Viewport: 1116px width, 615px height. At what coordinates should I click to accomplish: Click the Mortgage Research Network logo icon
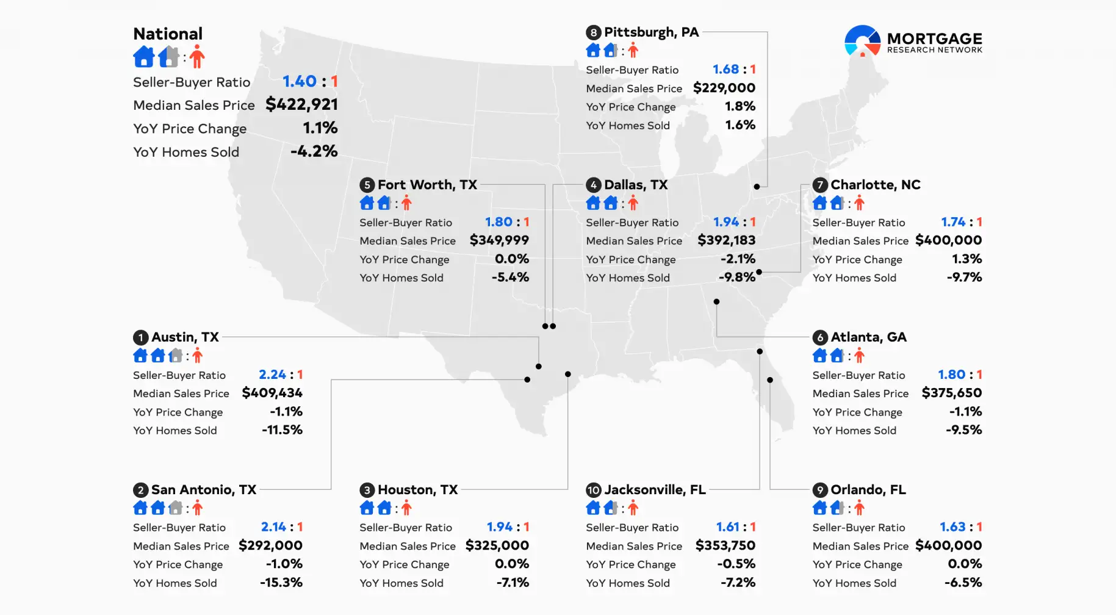(x=862, y=41)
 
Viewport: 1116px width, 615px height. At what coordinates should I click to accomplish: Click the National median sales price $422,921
(x=301, y=104)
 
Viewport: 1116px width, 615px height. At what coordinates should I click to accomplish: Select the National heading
(x=168, y=34)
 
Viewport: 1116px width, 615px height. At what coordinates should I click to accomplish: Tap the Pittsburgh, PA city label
(x=651, y=32)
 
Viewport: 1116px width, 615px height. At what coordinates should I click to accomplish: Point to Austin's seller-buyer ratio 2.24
(x=272, y=375)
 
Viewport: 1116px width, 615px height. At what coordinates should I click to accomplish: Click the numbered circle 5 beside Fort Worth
(x=367, y=185)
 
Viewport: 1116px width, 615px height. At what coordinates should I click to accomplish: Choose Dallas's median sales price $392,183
(x=726, y=240)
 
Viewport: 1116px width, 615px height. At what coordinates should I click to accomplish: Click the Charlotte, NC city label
(x=875, y=185)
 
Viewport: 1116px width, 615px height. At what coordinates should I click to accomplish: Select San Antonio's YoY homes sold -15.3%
(x=281, y=583)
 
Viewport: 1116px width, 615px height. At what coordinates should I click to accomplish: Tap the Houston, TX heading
(x=417, y=490)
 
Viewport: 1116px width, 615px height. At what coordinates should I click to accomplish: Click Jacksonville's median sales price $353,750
(x=725, y=545)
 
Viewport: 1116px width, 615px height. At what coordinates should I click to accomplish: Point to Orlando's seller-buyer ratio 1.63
(x=952, y=527)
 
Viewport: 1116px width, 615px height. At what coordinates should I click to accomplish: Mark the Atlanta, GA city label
(x=868, y=337)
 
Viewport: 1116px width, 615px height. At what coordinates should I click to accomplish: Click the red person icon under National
(x=196, y=57)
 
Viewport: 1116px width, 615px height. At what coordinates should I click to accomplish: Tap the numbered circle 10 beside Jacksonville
(x=593, y=490)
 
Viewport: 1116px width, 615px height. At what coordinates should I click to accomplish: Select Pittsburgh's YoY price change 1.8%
(x=740, y=106)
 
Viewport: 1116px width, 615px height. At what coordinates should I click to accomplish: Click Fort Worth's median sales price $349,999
(x=499, y=240)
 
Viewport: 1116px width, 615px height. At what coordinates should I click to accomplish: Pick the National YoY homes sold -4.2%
(x=314, y=151)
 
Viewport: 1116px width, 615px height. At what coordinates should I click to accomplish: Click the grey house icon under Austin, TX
(x=176, y=355)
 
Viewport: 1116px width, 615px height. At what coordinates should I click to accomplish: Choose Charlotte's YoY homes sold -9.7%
(x=964, y=278)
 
